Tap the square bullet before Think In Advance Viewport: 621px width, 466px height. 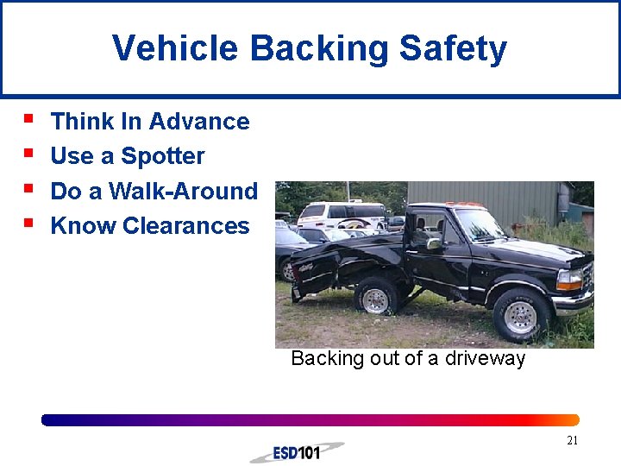[x=29, y=118]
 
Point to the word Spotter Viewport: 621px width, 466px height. [x=163, y=156]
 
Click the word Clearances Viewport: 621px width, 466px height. [x=185, y=226]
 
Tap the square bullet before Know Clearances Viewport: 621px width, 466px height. [x=29, y=223]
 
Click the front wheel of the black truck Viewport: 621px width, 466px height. [x=520, y=316]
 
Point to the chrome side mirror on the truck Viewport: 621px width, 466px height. [x=434, y=244]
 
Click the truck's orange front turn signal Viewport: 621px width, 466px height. [x=569, y=280]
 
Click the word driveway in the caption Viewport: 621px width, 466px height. [x=485, y=359]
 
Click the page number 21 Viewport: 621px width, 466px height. [x=572, y=441]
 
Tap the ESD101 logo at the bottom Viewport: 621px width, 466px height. [x=297, y=452]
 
